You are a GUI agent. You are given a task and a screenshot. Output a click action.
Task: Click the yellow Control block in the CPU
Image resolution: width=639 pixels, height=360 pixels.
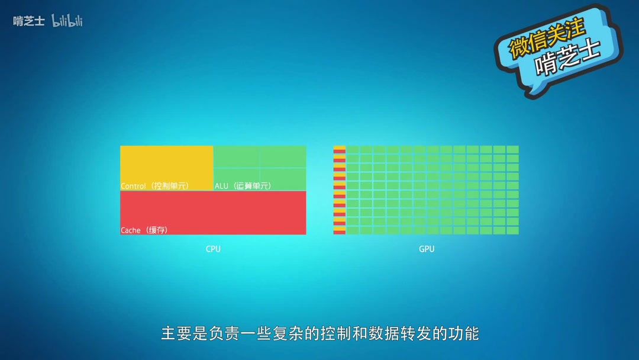click(x=166, y=164)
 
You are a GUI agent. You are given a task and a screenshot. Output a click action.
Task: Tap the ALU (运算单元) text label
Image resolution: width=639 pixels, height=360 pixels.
click(x=243, y=186)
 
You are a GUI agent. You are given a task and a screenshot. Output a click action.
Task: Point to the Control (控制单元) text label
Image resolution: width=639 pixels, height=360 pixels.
click(x=154, y=186)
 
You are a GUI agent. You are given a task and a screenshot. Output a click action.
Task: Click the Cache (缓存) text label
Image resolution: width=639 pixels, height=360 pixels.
click(x=144, y=230)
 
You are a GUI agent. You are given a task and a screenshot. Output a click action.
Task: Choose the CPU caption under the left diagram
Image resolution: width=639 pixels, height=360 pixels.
click(x=213, y=249)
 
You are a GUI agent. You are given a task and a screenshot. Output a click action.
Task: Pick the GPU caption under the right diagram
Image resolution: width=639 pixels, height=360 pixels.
click(x=427, y=249)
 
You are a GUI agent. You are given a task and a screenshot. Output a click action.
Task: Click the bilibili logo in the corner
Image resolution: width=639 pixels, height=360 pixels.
click(x=67, y=21)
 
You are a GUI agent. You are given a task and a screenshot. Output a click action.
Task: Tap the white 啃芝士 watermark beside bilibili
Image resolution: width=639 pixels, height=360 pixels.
click(x=29, y=21)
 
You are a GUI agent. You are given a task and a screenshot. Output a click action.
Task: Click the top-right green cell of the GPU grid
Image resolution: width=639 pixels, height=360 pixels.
click(x=512, y=149)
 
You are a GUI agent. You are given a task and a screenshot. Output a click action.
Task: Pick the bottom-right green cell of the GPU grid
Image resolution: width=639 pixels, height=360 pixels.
click(x=512, y=230)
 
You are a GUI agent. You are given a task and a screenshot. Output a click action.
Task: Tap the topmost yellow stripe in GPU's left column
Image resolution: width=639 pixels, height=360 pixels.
click(x=339, y=147)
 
